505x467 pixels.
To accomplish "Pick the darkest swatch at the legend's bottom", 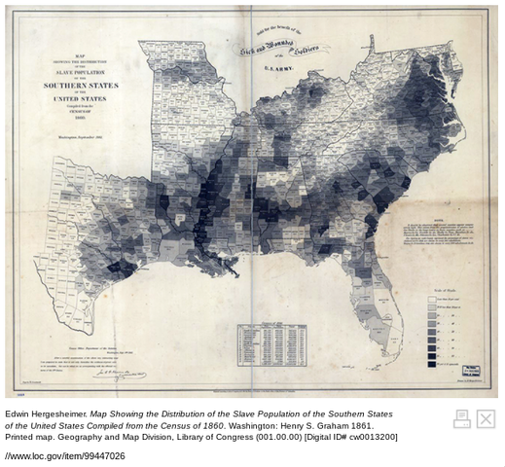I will (432, 362).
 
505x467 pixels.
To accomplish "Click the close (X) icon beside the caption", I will (485, 418).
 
